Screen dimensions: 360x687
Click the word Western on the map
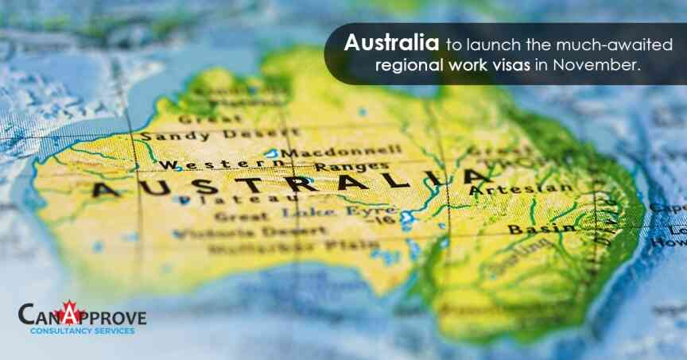pyautogui.click(x=195, y=165)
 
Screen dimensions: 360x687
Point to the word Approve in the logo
pyautogui.click(x=107, y=317)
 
